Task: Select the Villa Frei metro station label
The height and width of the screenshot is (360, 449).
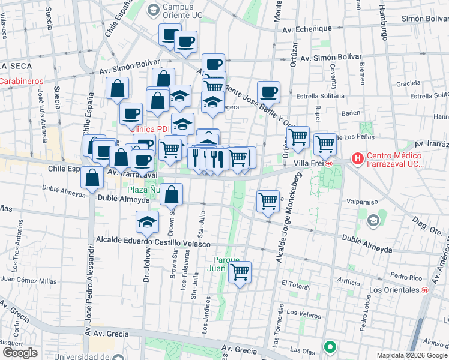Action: click(313, 163)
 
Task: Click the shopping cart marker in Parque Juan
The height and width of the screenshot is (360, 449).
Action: click(240, 272)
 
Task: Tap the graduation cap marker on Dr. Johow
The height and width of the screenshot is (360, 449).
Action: click(147, 221)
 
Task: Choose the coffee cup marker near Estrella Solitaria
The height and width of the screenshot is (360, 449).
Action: click(269, 92)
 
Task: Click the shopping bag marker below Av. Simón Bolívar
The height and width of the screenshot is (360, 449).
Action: click(118, 88)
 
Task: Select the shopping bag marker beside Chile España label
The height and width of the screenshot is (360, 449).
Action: click(92, 178)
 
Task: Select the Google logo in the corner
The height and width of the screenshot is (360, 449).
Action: click(20, 353)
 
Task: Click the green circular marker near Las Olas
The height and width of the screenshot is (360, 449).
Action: click(330, 347)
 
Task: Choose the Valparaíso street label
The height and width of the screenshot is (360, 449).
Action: click(360, 202)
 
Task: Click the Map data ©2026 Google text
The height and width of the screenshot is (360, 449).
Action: click(412, 355)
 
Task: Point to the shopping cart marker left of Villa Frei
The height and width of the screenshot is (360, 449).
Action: click(298, 137)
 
